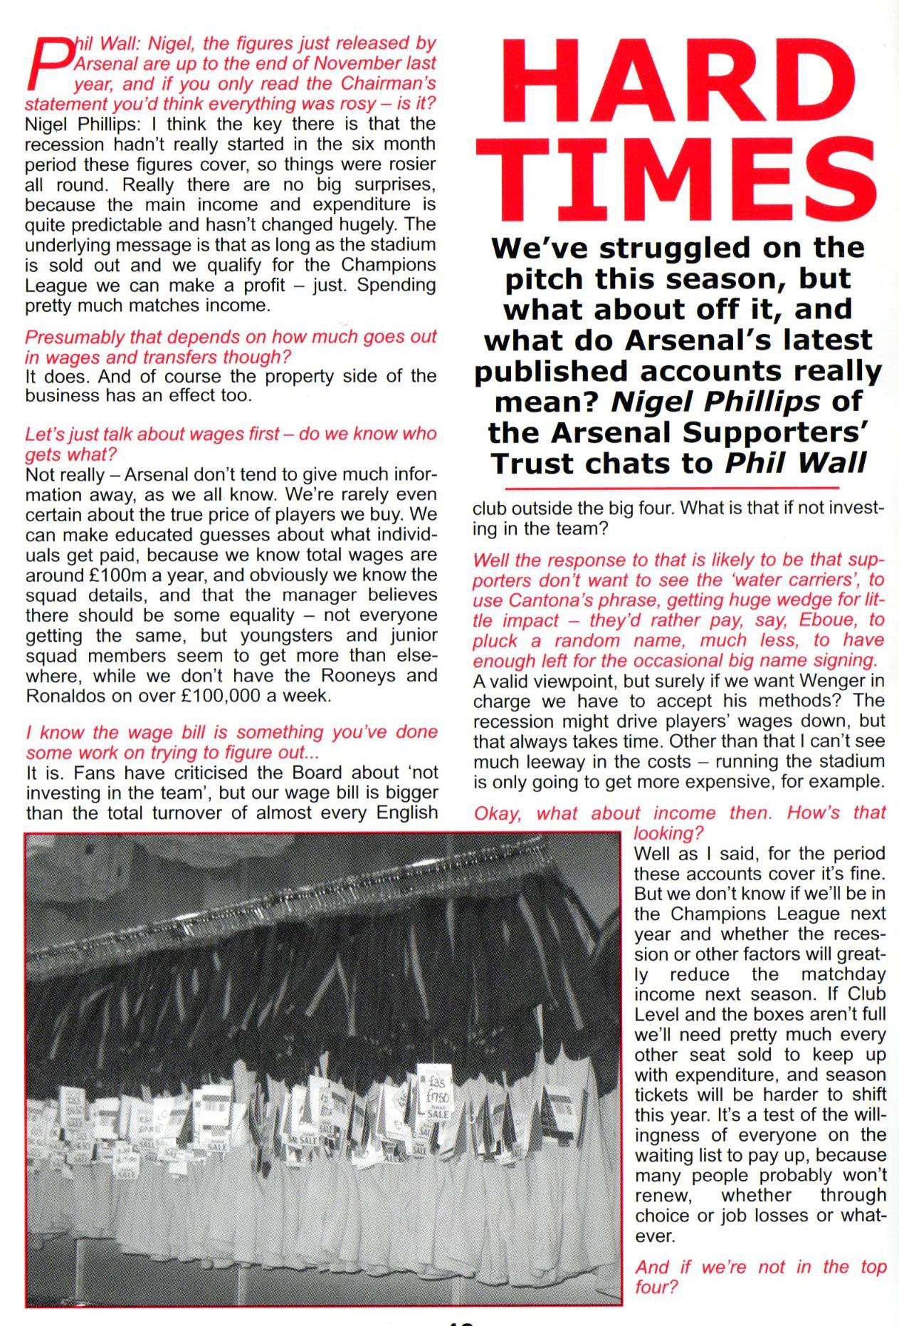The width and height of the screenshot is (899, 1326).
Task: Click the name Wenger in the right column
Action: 844,681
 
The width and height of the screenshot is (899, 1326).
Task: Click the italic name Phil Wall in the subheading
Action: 795,463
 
